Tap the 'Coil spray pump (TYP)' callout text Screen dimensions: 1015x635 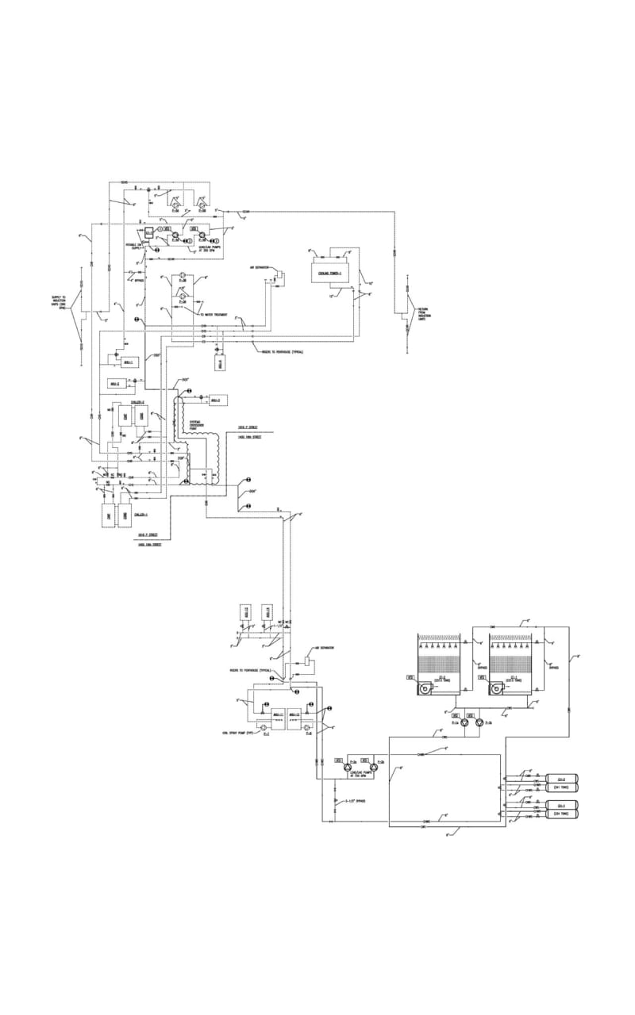237,733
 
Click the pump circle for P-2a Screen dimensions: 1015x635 350,767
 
